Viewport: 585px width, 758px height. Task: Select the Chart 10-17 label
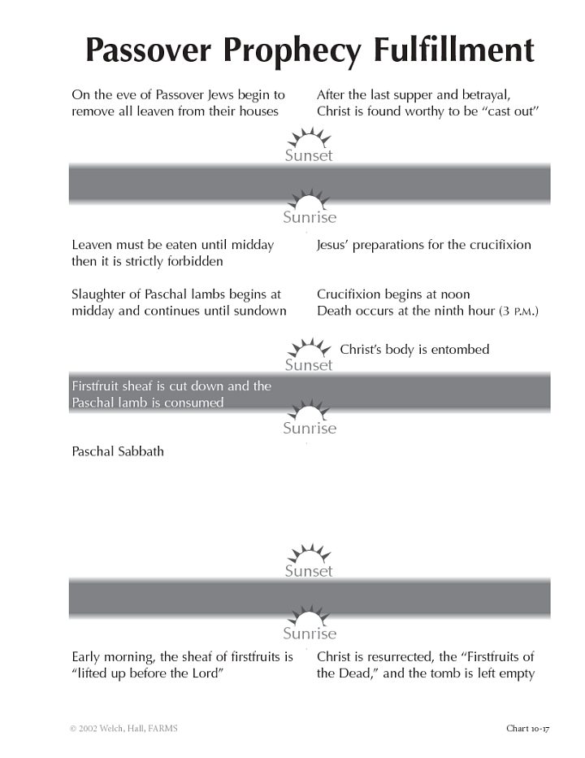527,728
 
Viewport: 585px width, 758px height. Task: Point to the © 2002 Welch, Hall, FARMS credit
123,728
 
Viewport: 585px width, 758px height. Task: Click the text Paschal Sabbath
118,451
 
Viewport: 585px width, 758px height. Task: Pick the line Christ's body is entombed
414,350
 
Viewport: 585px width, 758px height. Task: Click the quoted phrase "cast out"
512,111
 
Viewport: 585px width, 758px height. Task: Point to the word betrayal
486,95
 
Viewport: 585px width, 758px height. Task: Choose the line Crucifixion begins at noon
393,294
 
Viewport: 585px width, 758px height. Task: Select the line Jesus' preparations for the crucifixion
423,245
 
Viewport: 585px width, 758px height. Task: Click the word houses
256,111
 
